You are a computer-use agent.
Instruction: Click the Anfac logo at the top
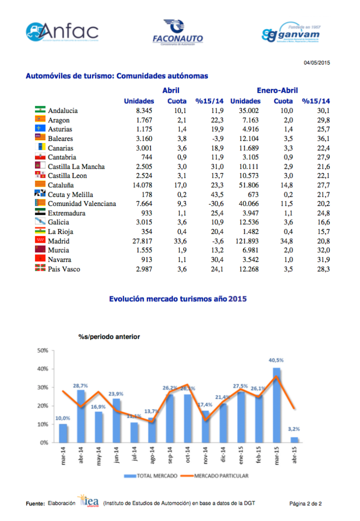coord(62,33)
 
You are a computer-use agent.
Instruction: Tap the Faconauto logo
coord(177,33)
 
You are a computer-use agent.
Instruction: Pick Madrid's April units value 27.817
coord(139,241)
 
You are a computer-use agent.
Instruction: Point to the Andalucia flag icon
coord(40,110)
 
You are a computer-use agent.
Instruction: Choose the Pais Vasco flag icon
coord(40,269)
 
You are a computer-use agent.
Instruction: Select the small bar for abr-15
coord(294,440)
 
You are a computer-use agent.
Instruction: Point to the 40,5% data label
coord(276,361)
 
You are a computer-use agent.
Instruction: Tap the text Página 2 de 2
coord(306,504)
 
